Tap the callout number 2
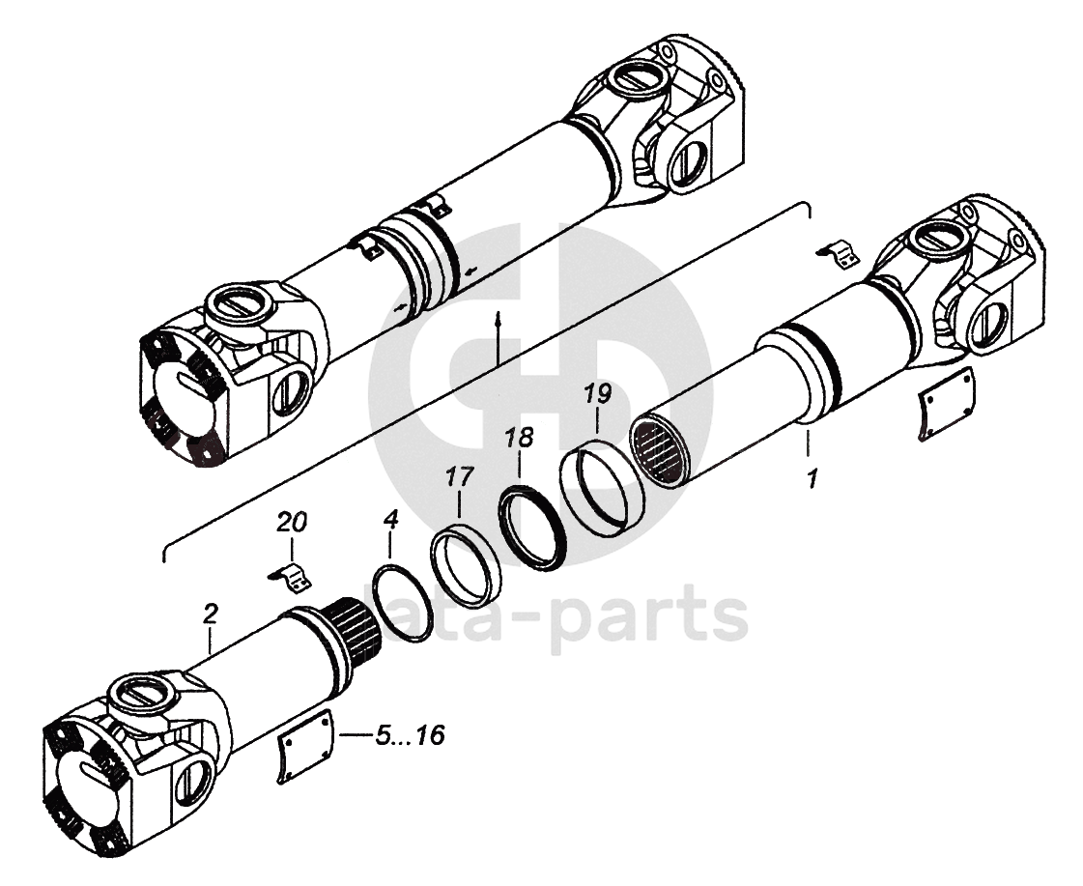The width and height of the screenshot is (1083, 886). point(211,613)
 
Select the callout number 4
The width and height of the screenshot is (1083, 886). point(390,521)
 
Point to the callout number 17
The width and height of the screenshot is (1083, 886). point(459,476)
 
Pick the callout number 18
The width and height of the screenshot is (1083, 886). point(519,438)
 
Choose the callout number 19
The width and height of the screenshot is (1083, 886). point(598,393)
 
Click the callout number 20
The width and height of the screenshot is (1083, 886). point(292,524)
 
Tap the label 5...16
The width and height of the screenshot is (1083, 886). point(410,736)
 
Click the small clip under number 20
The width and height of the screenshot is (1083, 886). point(292,577)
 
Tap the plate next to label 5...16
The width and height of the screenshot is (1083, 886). point(305,745)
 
